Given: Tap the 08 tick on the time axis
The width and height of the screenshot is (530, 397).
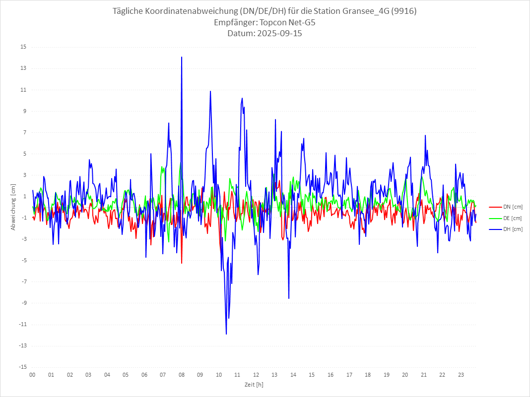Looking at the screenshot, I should click(x=182, y=375).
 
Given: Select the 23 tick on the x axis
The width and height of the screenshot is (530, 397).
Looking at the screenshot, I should click(x=461, y=375).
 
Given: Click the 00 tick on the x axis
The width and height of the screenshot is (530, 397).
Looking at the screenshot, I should click(x=32, y=375).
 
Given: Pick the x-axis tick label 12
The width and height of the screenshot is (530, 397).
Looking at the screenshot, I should click(x=256, y=375).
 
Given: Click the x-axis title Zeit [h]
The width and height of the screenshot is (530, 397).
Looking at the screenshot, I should click(x=254, y=384).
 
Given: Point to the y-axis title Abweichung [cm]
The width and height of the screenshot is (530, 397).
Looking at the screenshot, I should click(x=13, y=207).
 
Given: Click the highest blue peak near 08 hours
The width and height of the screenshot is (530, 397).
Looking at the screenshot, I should click(x=182, y=57).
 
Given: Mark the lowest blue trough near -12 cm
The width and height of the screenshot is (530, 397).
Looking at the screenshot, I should click(x=226, y=334).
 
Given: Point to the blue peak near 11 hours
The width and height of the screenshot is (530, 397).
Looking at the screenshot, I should click(x=242, y=98).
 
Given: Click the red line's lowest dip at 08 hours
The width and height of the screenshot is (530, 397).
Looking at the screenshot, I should click(x=182, y=263).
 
